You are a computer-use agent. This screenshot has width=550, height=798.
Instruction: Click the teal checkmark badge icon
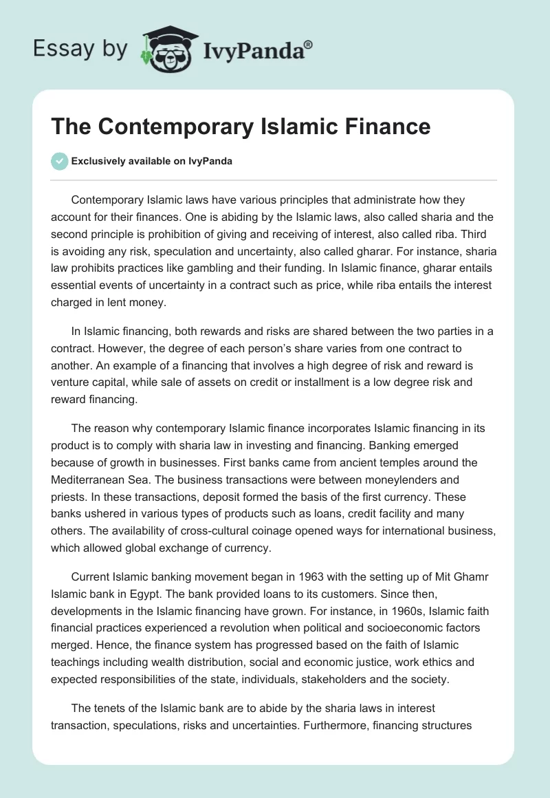(x=59, y=161)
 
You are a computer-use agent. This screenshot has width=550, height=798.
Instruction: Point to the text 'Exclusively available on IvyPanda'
(x=151, y=162)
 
